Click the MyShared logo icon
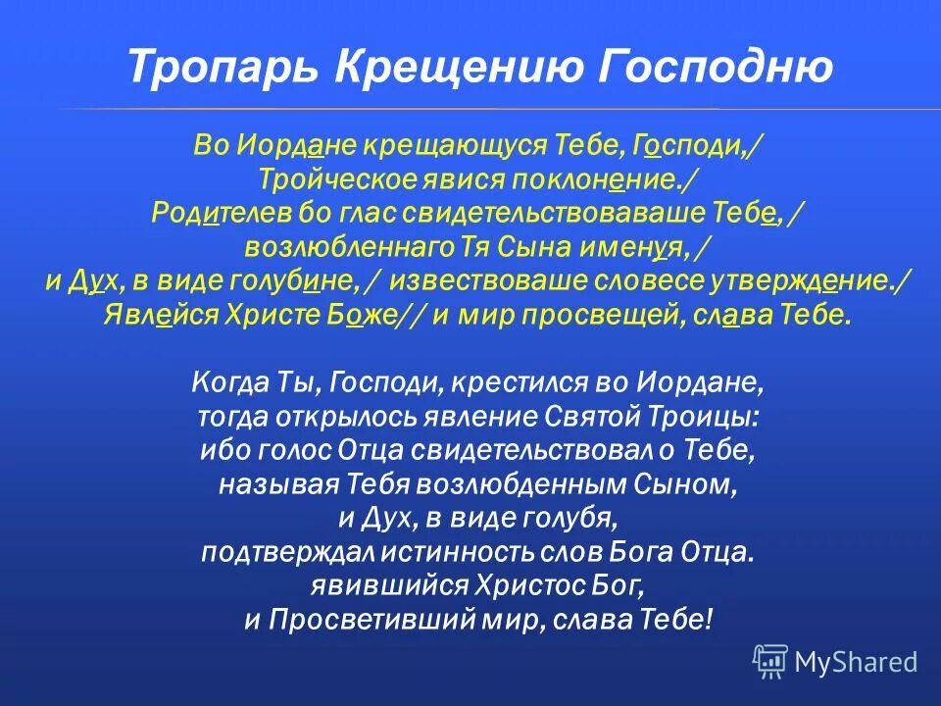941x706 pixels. [770, 661]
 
